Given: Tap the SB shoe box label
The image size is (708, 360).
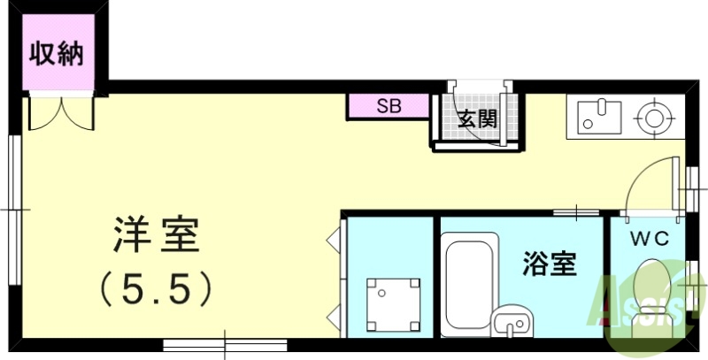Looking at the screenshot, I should pyautogui.click(x=389, y=106).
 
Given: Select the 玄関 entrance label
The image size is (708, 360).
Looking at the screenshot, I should pyautogui.click(x=476, y=119).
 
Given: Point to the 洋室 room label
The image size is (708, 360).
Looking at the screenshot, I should pyautogui.click(x=156, y=236).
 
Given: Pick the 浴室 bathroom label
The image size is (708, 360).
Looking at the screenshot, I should pyautogui.click(x=550, y=263).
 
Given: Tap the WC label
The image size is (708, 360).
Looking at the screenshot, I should pyautogui.click(x=648, y=238).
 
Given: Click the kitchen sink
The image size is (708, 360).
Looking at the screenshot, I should pyautogui.click(x=598, y=117).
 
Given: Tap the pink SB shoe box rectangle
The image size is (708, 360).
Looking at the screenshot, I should pyautogui.click(x=389, y=106).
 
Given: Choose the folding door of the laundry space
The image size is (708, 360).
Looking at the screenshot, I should pyautogui.click(x=335, y=275).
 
